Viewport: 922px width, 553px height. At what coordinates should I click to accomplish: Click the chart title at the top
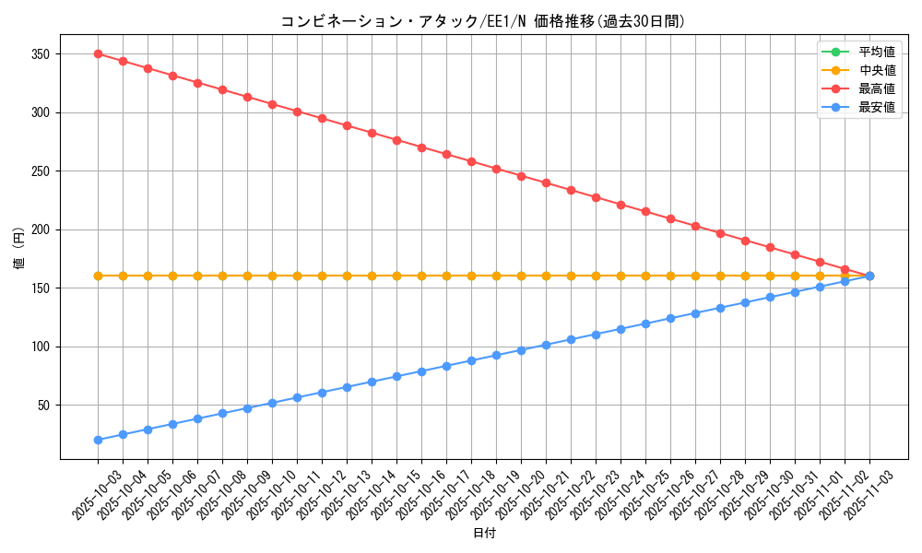click(x=483, y=21)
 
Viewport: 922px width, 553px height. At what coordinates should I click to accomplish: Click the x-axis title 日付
click(x=484, y=534)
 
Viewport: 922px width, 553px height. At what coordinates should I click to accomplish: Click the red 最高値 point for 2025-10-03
click(x=98, y=53)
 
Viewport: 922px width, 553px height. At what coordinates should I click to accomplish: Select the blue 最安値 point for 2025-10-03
click(x=98, y=440)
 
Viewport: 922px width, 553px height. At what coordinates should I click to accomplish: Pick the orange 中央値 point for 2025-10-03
click(x=98, y=276)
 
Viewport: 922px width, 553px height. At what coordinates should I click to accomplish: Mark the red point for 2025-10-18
click(x=471, y=161)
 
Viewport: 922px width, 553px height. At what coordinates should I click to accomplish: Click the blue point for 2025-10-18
click(x=471, y=360)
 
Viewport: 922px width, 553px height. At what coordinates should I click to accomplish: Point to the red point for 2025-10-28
click(x=720, y=233)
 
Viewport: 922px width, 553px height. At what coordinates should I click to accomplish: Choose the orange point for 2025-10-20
click(x=521, y=276)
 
